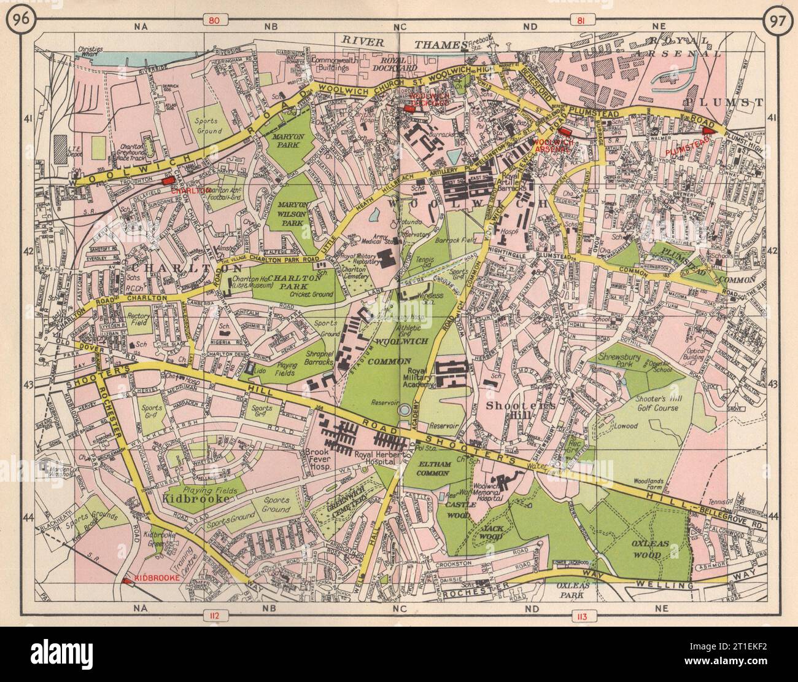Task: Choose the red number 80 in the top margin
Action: (x=214, y=20)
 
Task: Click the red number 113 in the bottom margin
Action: (x=580, y=615)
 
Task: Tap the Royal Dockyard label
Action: (x=400, y=65)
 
